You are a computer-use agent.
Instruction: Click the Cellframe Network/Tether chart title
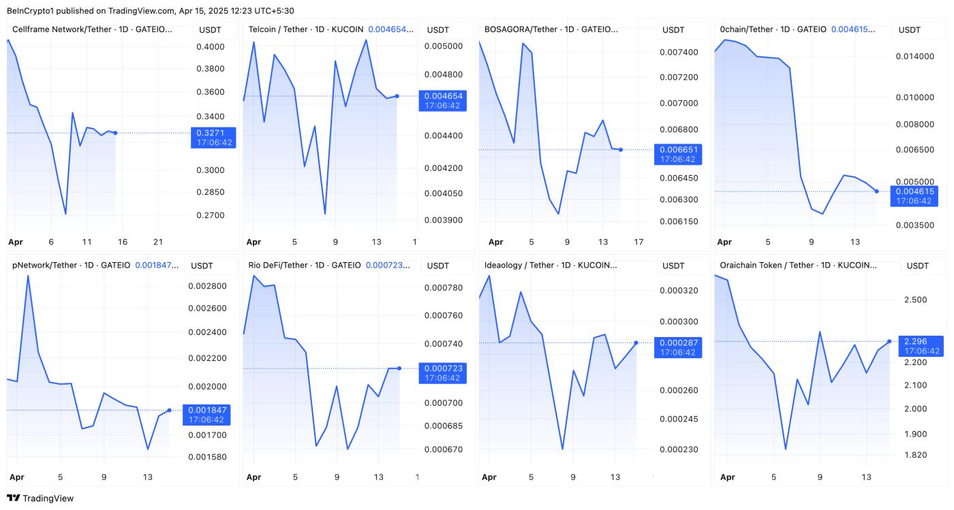[92, 30]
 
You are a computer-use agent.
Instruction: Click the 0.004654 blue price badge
[442, 101]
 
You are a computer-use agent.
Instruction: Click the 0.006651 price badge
[677, 154]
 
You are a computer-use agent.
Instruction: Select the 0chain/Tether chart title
[773, 30]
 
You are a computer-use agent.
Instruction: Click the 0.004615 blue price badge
[914, 196]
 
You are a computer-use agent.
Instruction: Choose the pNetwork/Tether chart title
[70, 265]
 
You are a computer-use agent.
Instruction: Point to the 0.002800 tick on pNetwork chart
[207, 286]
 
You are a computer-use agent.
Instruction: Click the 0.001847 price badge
[207, 414]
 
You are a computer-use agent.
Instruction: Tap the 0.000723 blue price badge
[442, 373]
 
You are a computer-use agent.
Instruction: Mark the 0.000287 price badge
[677, 347]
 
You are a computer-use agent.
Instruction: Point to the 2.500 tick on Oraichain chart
[914, 300]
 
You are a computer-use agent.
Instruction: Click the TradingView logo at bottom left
[40, 498]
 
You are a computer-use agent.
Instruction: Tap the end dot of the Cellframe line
[115, 133]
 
